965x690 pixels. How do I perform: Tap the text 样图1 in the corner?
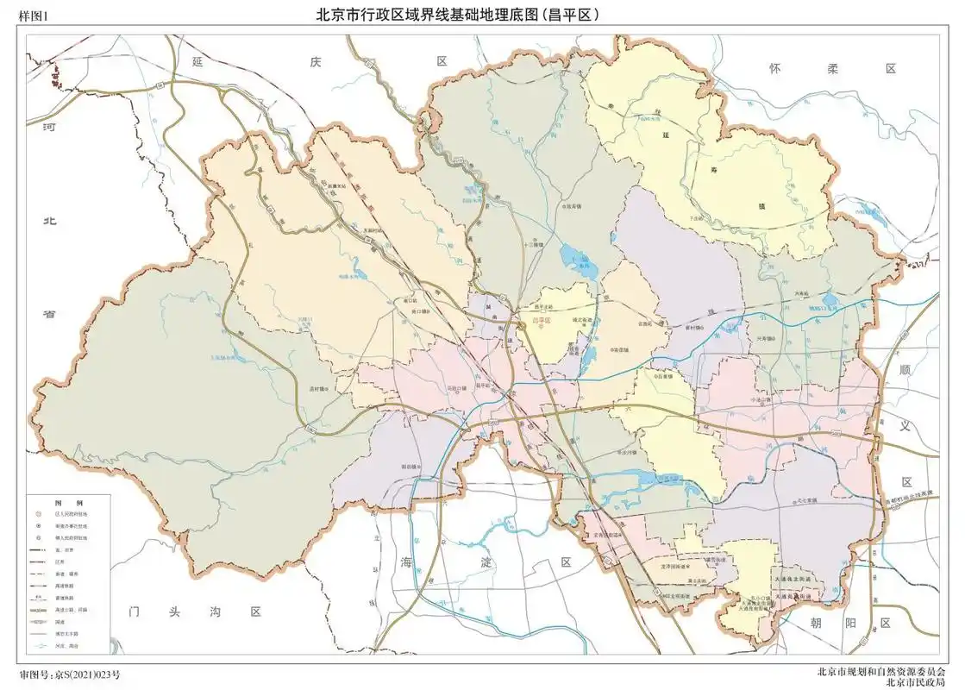(x=35, y=16)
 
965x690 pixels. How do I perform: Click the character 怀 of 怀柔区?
(x=775, y=68)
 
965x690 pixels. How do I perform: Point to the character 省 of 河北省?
(x=49, y=314)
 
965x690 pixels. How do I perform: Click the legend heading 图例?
(x=68, y=502)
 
